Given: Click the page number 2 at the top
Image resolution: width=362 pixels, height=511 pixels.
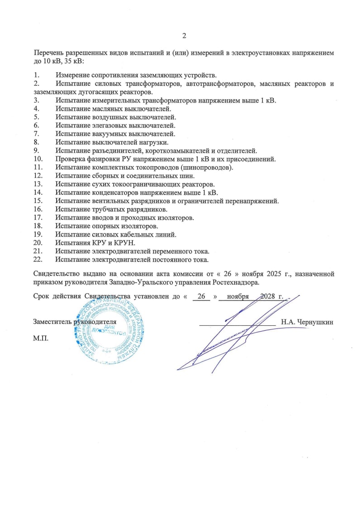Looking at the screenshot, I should tap(184, 36).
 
